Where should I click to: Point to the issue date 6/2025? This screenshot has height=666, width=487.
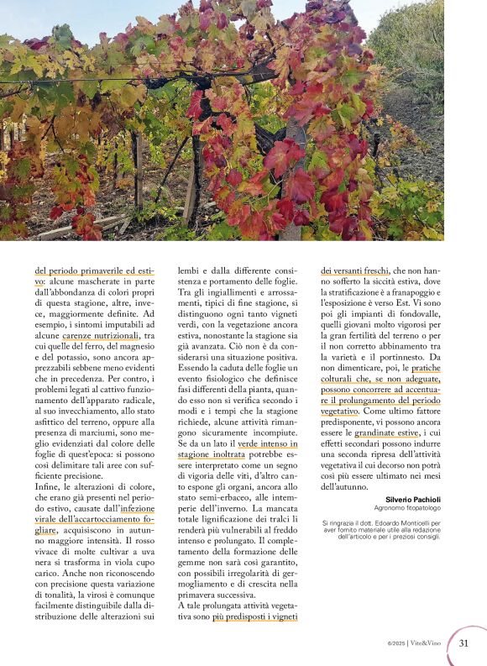pyautogui.click(x=400, y=644)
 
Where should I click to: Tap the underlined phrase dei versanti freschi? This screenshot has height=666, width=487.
pyautogui.click(x=354, y=270)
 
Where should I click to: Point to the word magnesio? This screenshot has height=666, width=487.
pyautogui.click(x=139, y=347)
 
